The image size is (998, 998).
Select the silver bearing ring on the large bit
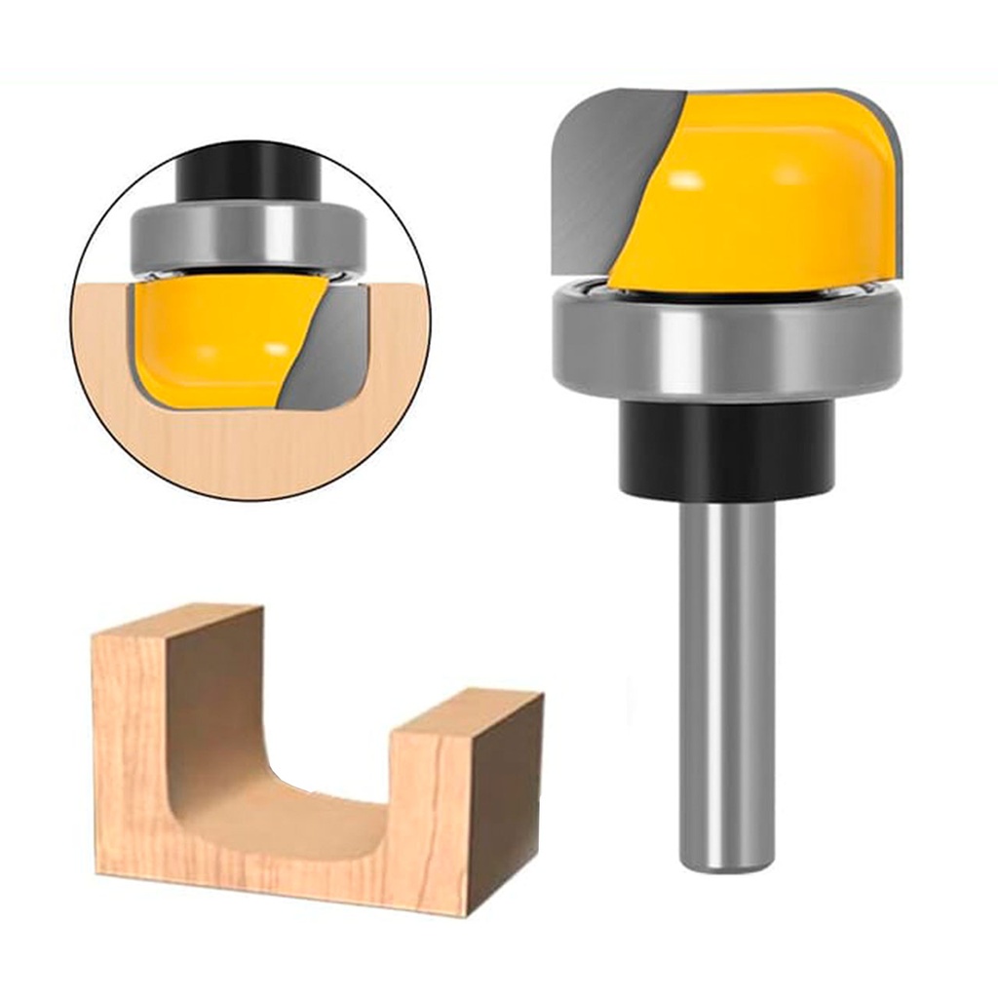tap(726, 346)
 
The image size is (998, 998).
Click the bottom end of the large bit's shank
tap(727, 863)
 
